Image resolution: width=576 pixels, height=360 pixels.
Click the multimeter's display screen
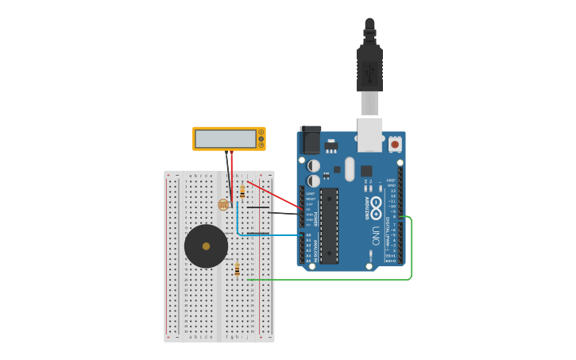click(225, 139)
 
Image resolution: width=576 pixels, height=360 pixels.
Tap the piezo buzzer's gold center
click(206, 246)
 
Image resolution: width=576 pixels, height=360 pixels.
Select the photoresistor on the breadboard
click(223, 204)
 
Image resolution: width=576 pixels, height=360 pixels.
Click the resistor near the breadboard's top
click(242, 192)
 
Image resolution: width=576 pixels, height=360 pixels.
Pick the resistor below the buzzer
click(237, 269)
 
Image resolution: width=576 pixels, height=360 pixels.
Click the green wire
click(411, 254)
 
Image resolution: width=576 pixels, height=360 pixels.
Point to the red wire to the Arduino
click(274, 195)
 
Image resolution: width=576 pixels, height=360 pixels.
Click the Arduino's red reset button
click(395, 145)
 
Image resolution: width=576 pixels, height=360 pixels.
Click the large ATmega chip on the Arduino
click(329, 226)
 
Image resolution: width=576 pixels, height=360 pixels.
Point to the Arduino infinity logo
click(376, 203)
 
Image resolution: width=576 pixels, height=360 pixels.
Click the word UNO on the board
click(376, 235)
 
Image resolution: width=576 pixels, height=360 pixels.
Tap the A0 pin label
click(309, 235)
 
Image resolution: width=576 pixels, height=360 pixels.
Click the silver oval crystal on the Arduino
click(350, 168)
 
